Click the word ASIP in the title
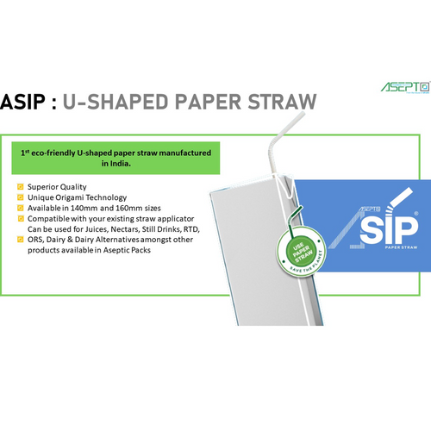point(22,102)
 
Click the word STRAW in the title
point(282,102)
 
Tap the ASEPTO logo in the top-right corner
point(405,87)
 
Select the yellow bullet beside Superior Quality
point(21,187)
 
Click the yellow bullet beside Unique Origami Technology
point(21,197)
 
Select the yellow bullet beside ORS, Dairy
point(21,240)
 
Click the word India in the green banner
point(120,164)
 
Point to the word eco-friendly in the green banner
point(53,153)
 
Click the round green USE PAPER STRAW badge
point(301,251)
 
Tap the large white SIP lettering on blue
point(389,228)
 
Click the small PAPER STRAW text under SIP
point(401,247)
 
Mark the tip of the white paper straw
point(303,113)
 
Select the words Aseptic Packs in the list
point(127,250)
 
